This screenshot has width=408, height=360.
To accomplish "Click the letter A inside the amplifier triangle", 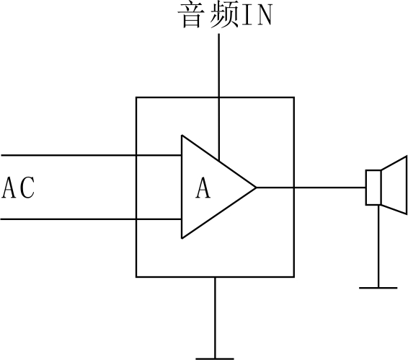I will (204, 188).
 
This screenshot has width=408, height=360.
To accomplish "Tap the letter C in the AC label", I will (27, 188).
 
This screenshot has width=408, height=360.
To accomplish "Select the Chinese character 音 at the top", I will (192, 16).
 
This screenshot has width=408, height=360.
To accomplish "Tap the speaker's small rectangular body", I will (373, 188).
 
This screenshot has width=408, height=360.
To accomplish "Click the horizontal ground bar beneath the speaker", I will (378, 287).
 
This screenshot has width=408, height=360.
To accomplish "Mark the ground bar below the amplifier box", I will (215, 357).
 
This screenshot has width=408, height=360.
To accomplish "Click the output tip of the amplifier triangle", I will (255, 188).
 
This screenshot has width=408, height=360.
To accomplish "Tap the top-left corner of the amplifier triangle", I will (182, 136).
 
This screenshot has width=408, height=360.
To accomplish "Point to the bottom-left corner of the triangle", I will (182, 238).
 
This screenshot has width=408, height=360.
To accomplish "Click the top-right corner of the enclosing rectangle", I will (293, 97).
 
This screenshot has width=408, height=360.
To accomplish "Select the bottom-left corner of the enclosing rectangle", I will (136, 276).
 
